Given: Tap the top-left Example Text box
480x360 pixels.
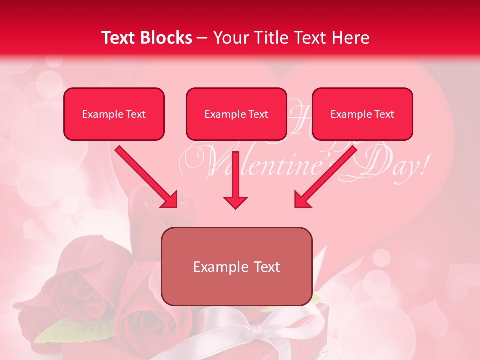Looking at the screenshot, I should (114, 114).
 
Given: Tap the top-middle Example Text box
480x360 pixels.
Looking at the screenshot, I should (236, 114).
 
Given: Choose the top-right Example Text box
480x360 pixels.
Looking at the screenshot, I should (362, 114).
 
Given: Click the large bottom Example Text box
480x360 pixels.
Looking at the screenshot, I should (237, 266).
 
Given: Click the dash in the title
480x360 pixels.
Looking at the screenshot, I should (203, 38).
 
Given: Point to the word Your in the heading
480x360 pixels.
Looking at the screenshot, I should (230, 38).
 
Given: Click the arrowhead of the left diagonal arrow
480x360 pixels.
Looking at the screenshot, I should (170, 200).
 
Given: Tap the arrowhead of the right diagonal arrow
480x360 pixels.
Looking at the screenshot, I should (302, 200).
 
